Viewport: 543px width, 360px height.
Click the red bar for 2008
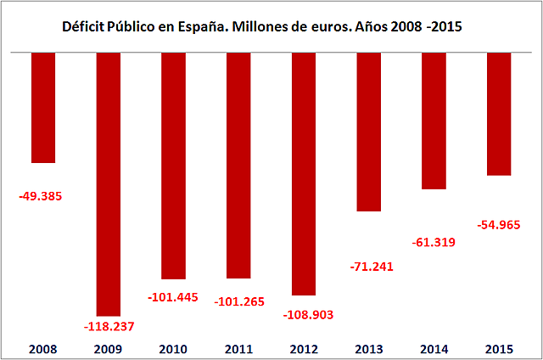43,107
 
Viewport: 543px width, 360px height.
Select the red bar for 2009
109,183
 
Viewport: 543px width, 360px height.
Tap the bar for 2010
173,166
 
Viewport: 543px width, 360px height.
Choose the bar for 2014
434,121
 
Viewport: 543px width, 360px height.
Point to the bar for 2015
499,114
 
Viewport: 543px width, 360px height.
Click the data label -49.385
41,196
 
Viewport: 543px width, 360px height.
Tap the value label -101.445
174,298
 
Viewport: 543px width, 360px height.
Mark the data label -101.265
240,298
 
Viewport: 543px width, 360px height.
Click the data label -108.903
306,314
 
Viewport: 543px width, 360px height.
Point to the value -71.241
372,266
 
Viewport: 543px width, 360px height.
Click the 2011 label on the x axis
239,348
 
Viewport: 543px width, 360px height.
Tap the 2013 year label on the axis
369,348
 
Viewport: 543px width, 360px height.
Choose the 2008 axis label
42,348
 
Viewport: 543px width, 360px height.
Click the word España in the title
200,27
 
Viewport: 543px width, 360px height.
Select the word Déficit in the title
83,27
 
